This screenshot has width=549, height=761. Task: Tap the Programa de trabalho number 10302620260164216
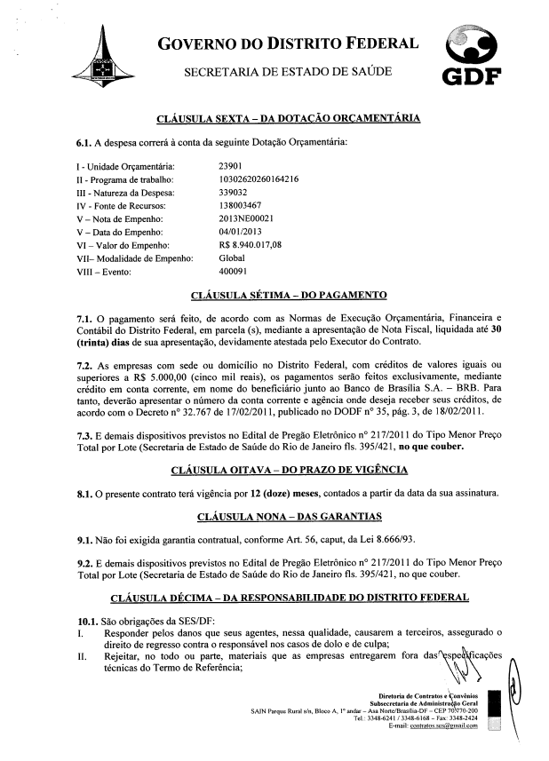(x=258, y=179)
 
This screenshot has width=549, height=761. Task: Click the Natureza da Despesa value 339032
(x=235, y=192)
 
